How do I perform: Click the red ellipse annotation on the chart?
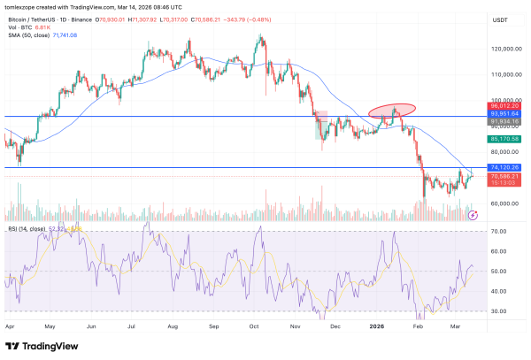coord(391,111)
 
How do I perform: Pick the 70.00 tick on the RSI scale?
coord(498,232)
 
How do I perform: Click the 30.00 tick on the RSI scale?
coord(498,311)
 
